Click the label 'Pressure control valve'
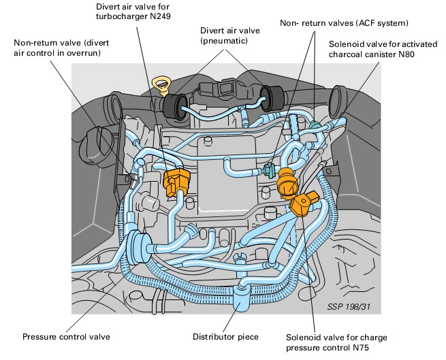tap(66, 336)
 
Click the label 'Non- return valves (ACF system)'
tap(344, 23)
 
